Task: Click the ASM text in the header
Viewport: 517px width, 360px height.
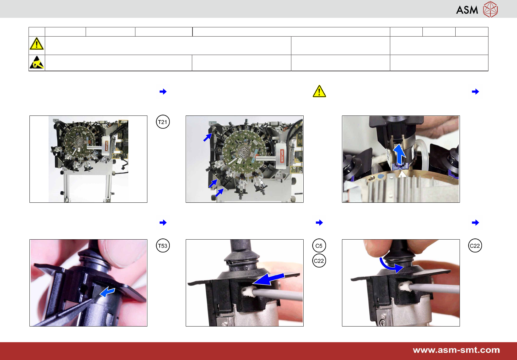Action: coord(467,10)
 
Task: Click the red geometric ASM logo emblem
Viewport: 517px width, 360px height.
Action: coord(491,9)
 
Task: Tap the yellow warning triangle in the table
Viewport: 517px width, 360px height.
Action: coord(37,44)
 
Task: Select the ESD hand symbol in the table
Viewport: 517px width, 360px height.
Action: coord(37,62)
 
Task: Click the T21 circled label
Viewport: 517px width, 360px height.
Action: coord(163,122)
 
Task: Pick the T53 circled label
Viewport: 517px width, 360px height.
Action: coord(163,245)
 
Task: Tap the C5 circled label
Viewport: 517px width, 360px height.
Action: coord(319,245)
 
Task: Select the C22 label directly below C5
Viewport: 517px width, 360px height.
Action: coord(319,260)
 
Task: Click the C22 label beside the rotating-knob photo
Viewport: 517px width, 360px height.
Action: coord(475,245)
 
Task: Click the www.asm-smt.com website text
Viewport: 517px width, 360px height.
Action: coord(456,350)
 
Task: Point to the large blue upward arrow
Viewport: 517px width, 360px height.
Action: coord(399,154)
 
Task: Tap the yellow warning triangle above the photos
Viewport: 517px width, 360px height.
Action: coord(319,91)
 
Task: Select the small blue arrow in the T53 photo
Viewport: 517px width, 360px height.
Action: coord(107,292)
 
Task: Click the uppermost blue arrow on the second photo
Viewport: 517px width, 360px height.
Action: coord(208,137)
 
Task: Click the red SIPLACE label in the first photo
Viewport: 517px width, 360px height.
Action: coord(107,146)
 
